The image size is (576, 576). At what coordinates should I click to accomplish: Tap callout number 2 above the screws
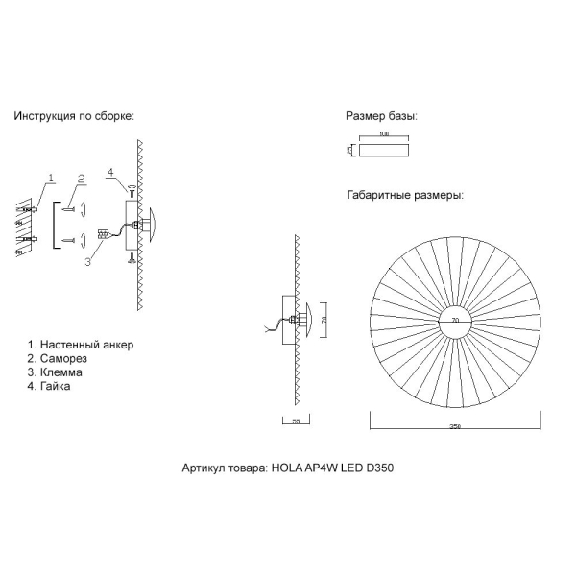tap(82, 179)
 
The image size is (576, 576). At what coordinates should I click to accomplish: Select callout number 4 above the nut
tap(111, 173)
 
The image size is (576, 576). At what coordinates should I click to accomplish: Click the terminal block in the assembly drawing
tap(102, 233)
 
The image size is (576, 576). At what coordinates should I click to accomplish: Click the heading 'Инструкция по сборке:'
tap(74, 116)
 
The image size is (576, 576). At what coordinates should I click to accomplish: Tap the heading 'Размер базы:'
tap(381, 116)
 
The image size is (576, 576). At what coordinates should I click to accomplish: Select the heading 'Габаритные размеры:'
tap(405, 195)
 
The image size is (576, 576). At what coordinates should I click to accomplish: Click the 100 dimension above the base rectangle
tap(385, 135)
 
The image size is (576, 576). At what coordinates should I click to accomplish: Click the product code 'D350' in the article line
tap(377, 469)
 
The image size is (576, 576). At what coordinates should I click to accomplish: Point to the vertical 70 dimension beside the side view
tap(324, 319)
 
